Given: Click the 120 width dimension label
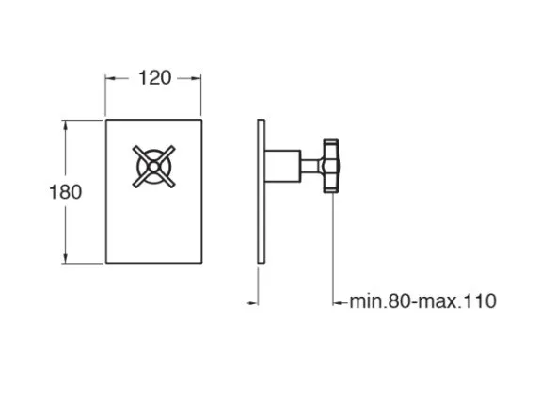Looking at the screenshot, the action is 154,78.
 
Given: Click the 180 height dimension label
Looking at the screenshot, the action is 66,192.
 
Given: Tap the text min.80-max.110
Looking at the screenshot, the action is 423,301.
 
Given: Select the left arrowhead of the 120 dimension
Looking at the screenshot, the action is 110,79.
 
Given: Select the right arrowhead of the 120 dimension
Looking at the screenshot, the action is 196,79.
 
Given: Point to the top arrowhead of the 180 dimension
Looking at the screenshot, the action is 66,124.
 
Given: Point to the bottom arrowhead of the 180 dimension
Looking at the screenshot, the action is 66,258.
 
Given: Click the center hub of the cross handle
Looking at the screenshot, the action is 153,167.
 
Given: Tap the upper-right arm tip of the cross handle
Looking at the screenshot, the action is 172,149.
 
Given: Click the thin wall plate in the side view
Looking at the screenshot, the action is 262,191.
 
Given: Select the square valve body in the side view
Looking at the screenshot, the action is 283,166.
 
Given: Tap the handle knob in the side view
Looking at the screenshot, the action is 331,166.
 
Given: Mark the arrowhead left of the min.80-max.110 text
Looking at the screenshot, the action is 338,303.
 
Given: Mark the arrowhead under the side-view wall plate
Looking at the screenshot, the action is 253,303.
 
